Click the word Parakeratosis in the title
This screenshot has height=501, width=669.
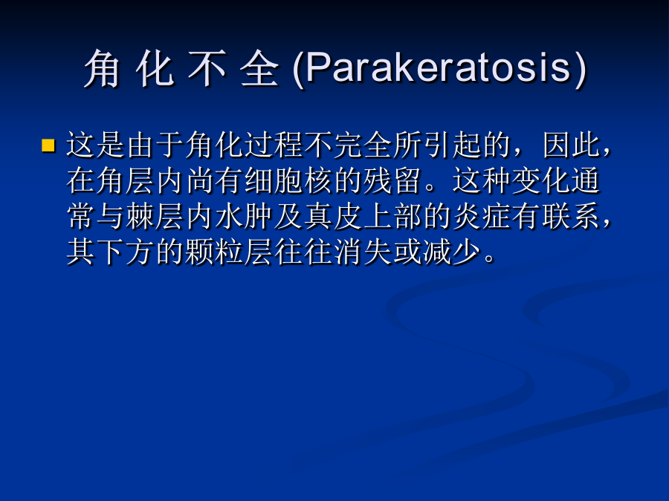pos(438,68)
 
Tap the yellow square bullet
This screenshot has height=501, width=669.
pos(48,145)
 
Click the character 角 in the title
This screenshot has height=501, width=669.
pos(102,68)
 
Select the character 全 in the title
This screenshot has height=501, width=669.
pos(259,68)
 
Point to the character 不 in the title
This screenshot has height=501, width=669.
pos(207,68)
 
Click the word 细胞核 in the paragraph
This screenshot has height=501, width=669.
pos(288,180)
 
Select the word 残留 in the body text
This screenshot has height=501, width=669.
pos(392,180)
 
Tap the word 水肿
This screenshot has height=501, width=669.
pos(243,217)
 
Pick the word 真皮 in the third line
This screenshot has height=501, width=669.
pos(332,217)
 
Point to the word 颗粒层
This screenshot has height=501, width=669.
pos(228,252)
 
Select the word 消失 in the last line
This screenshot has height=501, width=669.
pos(362,252)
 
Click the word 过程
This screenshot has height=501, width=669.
pos(273,145)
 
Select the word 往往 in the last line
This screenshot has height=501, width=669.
pos(303,252)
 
